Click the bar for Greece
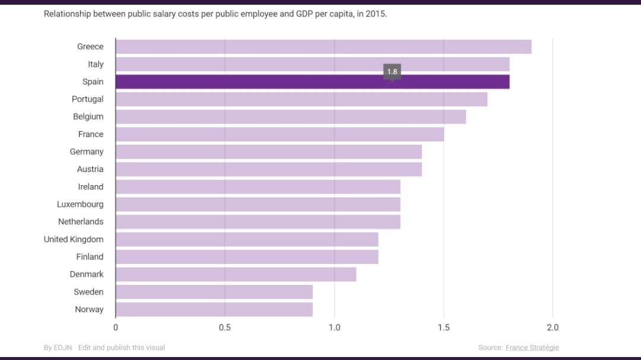tap(323, 47)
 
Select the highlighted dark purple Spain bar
tap(312, 82)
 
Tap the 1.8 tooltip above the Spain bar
tap(392, 72)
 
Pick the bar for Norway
tap(214, 310)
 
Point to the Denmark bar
tap(236, 275)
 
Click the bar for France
tap(280, 135)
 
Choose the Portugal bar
tap(302, 100)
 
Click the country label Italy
tap(96, 64)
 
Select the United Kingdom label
tap(74, 240)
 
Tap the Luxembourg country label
tap(80, 205)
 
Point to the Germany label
tap(87, 152)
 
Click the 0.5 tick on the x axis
tap(225, 327)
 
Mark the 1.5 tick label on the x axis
tap(443, 327)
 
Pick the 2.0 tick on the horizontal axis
tap(553, 327)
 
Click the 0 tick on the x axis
tap(116, 327)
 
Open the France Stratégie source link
tap(532, 348)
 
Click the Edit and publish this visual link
tap(122, 348)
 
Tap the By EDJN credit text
tap(58, 348)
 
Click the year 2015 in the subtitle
tap(375, 13)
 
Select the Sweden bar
tap(214, 292)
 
